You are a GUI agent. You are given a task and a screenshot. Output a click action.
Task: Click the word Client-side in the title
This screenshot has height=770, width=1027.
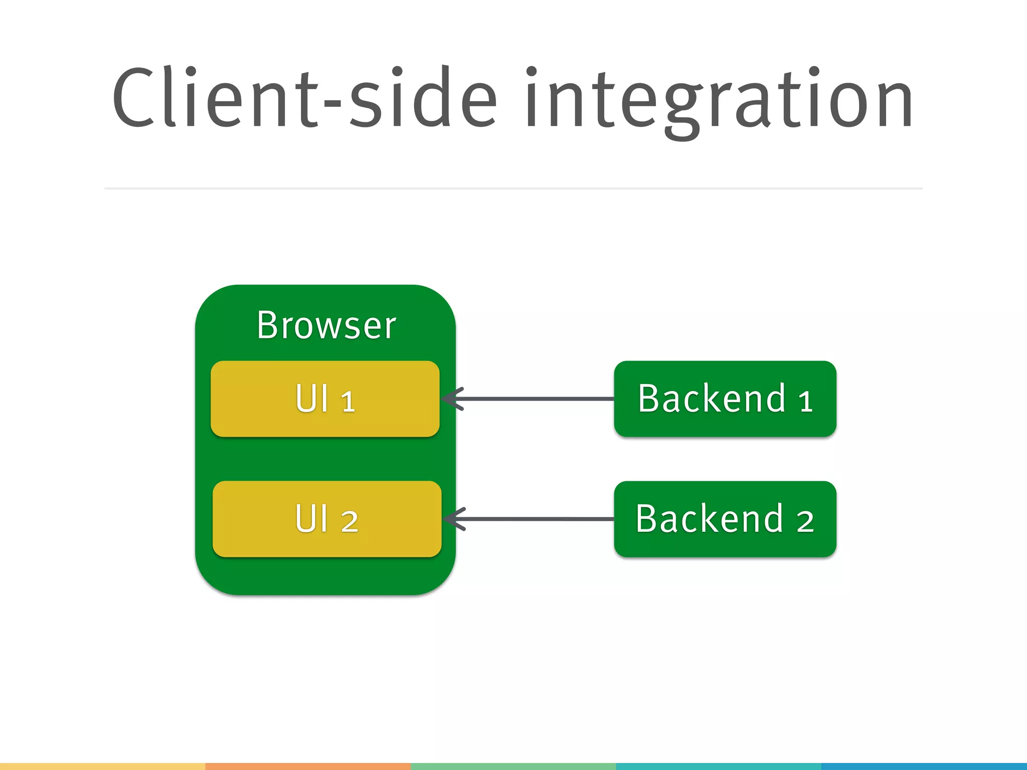coord(303,98)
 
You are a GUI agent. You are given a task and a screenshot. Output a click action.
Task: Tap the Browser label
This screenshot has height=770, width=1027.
coord(326,325)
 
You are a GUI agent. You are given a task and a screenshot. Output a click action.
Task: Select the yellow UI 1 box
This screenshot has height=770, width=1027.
coord(325,399)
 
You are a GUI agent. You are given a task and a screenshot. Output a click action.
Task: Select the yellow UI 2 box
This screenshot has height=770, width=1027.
coord(327,519)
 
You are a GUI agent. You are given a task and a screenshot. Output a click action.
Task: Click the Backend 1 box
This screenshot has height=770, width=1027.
coord(725,399)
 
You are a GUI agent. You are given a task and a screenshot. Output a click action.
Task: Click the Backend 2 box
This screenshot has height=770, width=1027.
coord(725,519)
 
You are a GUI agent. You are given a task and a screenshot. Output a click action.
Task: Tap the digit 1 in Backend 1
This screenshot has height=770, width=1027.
coord(805,402)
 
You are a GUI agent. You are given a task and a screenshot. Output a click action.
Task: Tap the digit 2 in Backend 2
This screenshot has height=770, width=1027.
coord(805,522)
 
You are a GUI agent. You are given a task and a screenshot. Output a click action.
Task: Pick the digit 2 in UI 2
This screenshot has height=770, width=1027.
coord(350,522)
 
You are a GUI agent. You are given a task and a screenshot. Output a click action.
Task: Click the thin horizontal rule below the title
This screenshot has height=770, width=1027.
coord(513,188)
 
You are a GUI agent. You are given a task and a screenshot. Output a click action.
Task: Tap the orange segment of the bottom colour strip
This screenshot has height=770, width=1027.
coord(308,766)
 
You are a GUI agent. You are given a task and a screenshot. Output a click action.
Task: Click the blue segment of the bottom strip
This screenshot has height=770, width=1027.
coord(924,766)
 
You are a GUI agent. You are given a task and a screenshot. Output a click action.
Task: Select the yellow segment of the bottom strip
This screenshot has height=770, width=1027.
coord(102,766)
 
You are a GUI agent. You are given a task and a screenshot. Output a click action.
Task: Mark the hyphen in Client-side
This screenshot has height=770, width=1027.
coord(332,105)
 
